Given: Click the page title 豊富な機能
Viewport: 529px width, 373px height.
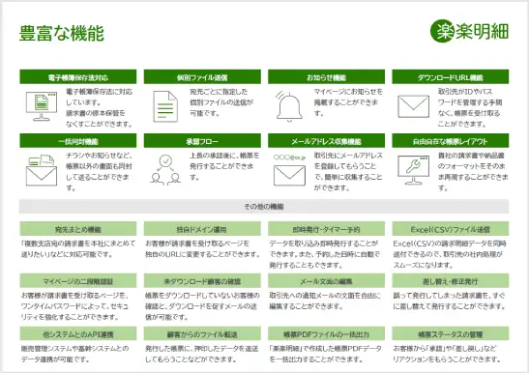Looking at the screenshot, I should [61, 33].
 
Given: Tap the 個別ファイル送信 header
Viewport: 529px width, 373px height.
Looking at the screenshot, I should [202, 76].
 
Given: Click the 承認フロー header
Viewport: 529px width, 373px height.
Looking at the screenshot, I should [202, 141].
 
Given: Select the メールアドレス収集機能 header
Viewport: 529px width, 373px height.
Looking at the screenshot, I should [326, 141].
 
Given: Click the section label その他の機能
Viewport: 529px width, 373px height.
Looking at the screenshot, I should [264, 207].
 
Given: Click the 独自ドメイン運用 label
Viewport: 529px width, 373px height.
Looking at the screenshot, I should [202, 229].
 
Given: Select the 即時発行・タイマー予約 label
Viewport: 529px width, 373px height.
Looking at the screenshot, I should [326, 229].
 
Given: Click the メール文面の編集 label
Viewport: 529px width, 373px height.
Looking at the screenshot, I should [326, 280].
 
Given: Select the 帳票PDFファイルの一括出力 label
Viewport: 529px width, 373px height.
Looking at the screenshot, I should [326, 331].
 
